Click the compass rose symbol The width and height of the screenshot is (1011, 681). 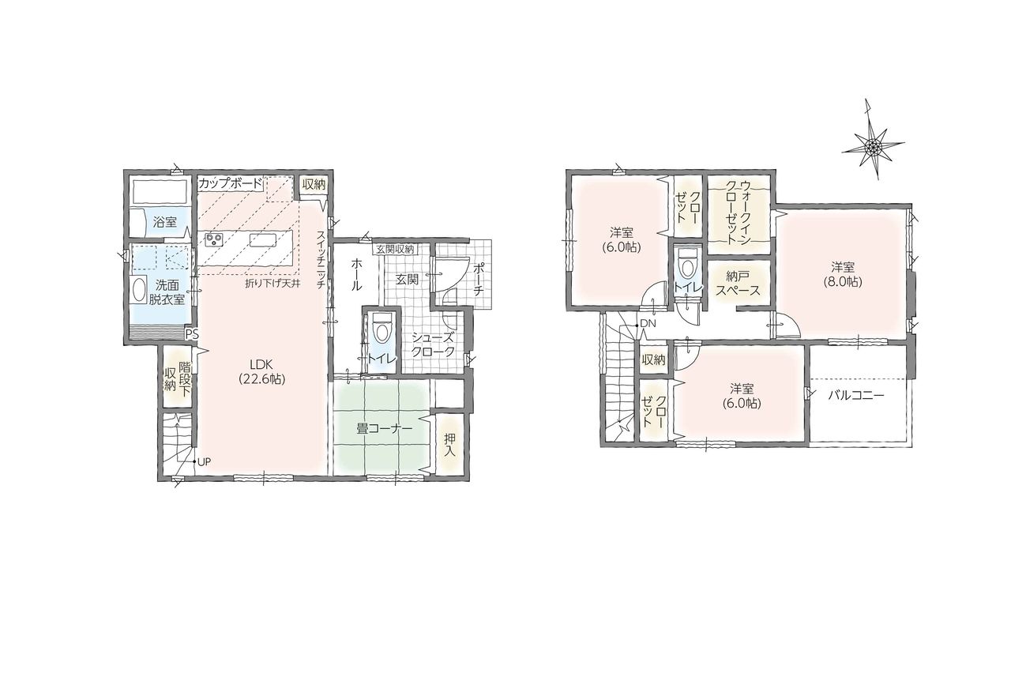(874, 145)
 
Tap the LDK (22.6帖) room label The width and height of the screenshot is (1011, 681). (261, 371)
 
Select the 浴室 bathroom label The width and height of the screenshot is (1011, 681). (165, 222)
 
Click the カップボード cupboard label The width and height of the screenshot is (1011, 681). (230, 183)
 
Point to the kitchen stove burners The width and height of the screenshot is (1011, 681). (213, 239)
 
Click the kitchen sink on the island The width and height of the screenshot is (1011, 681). (263, 240)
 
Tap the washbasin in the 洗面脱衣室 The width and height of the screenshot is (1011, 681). (138, 288)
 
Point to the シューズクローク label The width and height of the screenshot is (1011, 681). (433, 344)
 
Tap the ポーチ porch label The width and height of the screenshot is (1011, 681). (479, 279)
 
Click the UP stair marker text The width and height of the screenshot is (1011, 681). (204, 461)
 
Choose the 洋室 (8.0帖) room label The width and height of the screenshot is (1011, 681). (843, 274)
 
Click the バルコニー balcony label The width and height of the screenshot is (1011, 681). (856, 396)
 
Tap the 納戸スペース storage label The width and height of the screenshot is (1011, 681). (739, 283)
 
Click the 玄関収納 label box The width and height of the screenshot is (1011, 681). (396, 248)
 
